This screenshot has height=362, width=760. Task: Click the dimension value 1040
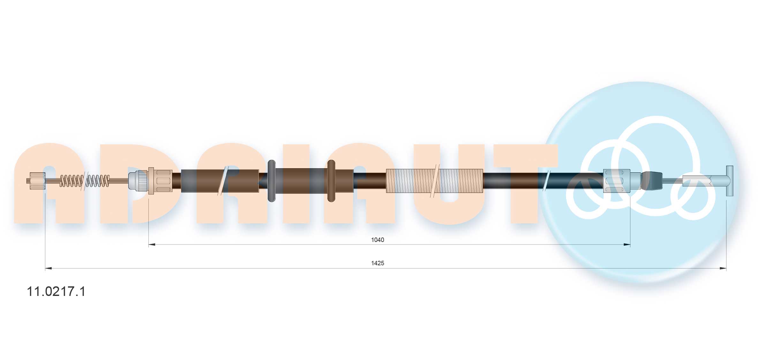coord(377,240)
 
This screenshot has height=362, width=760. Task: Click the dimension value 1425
coord(377,263)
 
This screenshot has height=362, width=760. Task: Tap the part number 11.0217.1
coord(56,291)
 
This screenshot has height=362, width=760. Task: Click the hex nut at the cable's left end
coord(37,181)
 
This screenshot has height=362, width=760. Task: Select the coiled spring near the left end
coord(85,181)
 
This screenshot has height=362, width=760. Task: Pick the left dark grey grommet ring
coord(271,181)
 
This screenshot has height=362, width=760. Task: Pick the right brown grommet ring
coord(331,181)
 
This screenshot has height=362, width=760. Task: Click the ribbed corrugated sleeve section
coord(434,181)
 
